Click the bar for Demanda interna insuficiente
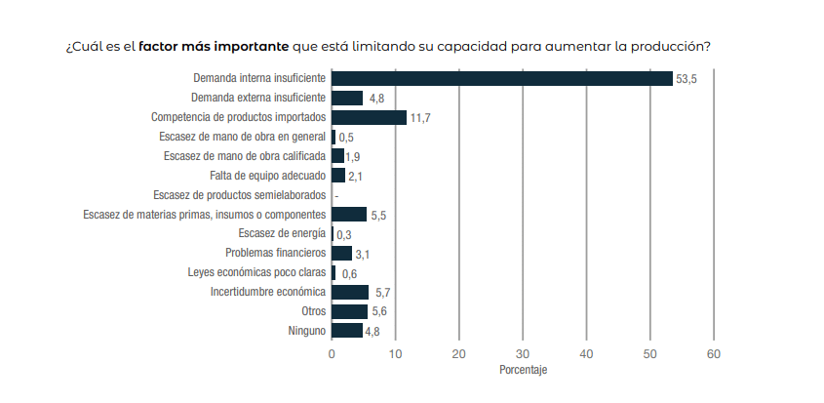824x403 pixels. coord(502,78)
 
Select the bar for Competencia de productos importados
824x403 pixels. coord(369,117)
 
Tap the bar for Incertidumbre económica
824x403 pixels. coord(350,292)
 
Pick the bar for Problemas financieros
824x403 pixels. coord(341,253)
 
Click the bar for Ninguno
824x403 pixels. coord(346,331)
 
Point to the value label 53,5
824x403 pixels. coord(687,79)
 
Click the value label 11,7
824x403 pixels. coord(420,118)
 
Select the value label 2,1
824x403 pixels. coord(356,177)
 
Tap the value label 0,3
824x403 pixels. coord(343,235)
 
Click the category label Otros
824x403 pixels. coord(313,311)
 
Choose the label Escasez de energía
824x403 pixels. coord(282,233)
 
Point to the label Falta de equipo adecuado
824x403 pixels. coord(267,175)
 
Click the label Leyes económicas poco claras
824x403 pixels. coord(256,272)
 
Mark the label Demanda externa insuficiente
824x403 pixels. coord(258,97)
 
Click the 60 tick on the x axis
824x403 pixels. coord(714,353)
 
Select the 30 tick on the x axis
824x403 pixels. coord(523,353)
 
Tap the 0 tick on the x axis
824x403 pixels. coord(332,353)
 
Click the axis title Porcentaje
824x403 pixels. coord(523,371)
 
